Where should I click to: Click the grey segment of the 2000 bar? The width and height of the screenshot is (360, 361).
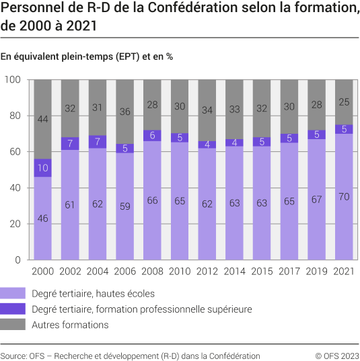[43, 119]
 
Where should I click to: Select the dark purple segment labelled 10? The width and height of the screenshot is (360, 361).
[43, 168]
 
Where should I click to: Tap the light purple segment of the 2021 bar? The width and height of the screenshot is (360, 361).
[344, 196]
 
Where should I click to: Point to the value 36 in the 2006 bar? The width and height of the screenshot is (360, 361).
[125, 112]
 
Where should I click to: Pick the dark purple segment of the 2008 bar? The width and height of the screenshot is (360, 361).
[153, 135]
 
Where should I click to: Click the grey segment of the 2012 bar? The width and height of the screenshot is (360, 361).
[207, 110]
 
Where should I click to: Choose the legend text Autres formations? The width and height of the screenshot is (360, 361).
[70, 325]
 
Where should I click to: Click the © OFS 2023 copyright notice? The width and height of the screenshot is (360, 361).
[336, 355]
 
